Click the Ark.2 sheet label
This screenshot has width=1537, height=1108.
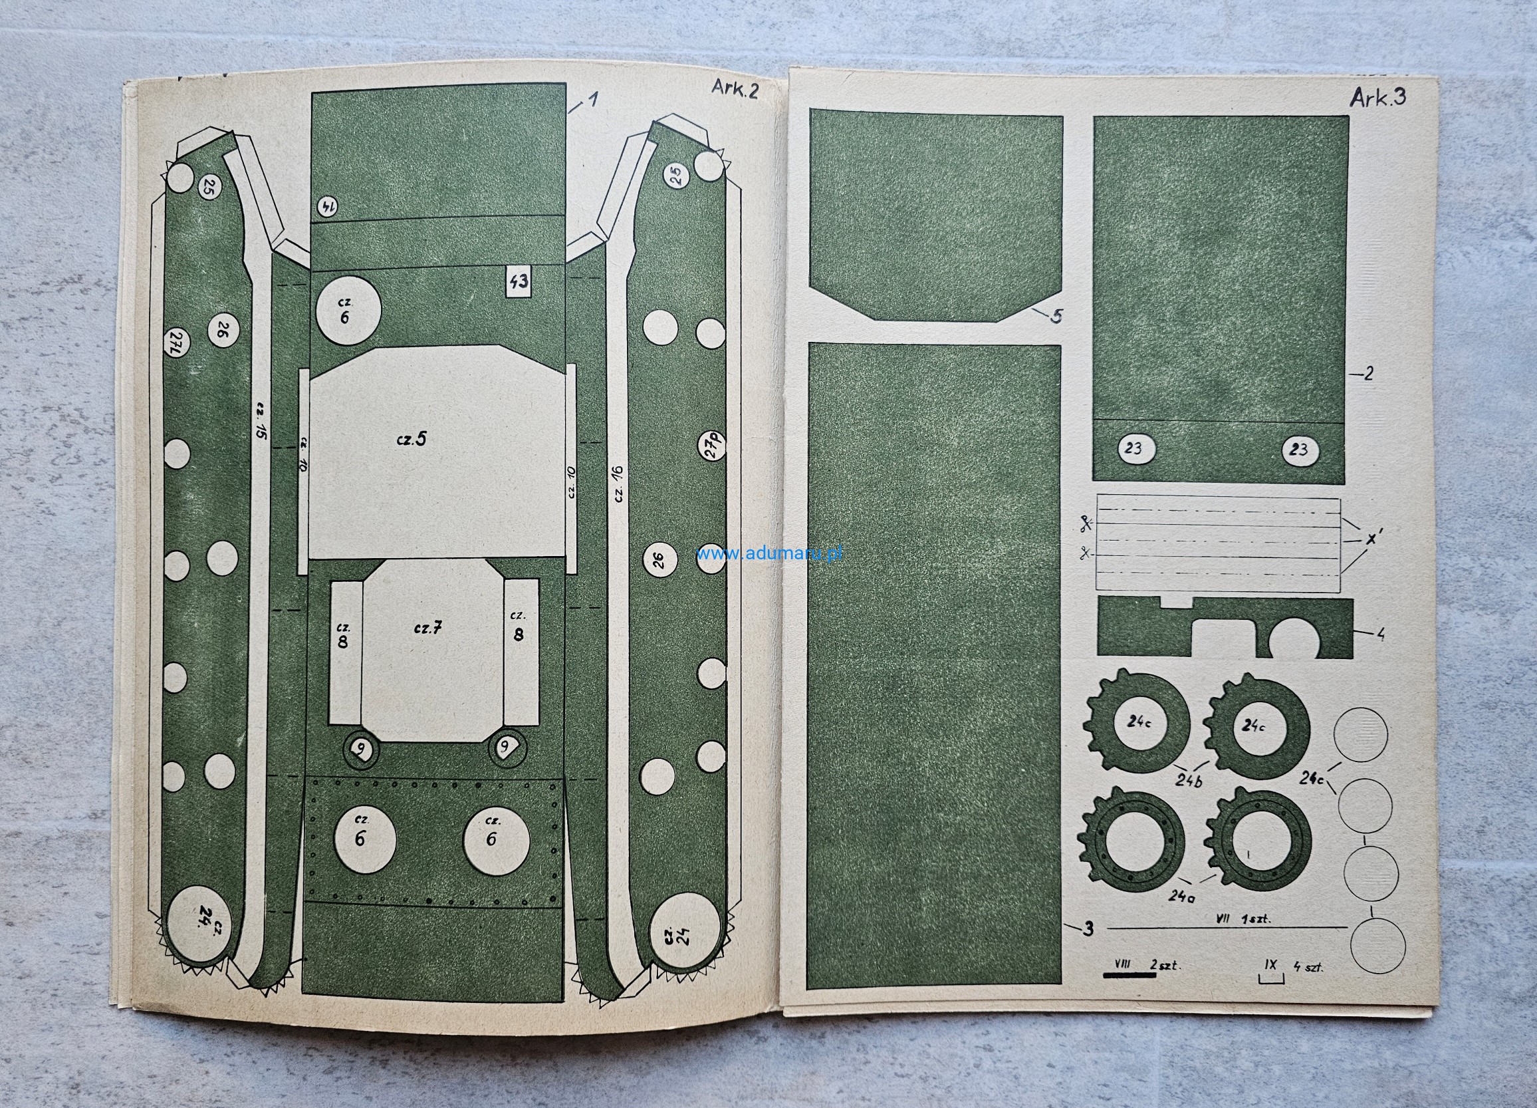click(x=735, y=89)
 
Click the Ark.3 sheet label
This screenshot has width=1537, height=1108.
click(x=1377, y=98)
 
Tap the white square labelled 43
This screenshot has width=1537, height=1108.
click(x=519, y=281)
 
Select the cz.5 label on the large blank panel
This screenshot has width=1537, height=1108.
click(x=412, y=439)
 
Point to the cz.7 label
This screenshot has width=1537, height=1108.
click(x=428, y=628)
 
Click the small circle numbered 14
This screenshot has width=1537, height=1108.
click(x=327, y=206)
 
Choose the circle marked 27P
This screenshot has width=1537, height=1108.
click(x=711, y=446)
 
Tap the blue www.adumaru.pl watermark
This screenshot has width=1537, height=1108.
click(x=769, y=553)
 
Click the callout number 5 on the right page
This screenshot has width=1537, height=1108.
click(x=1056, y=317)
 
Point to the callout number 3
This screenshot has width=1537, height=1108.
click(x=1088, y=928)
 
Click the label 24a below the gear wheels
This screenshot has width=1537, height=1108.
click(x=1181, y=896)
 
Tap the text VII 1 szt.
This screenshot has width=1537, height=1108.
click(x=1242, y=919)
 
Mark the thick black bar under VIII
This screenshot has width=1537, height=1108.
click(x=1129, y=975)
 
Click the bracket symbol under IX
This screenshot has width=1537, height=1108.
click(x=1270, y=978)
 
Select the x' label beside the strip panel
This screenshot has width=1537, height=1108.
click(x=1374, y=539)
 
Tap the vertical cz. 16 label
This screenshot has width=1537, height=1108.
click(x=618, y=484)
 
